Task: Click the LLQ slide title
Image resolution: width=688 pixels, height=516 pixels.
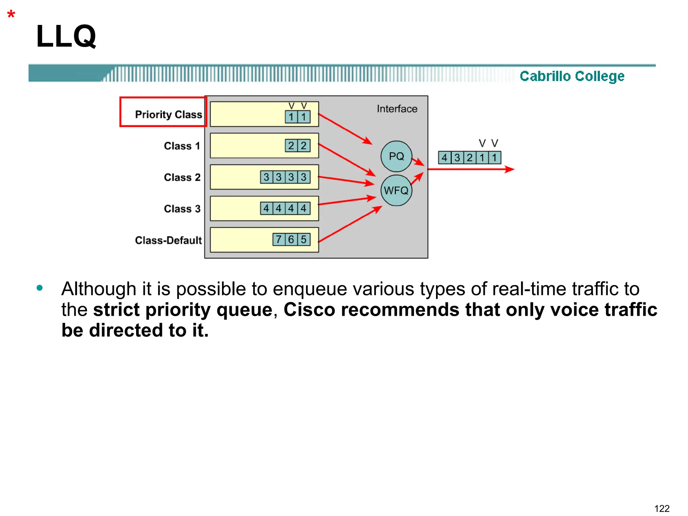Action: click(66, 36)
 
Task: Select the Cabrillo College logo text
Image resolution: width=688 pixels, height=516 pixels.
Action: click(572, 76)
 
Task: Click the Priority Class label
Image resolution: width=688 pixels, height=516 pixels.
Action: click(168, 115)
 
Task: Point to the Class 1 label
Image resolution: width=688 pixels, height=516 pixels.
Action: click(182, 146)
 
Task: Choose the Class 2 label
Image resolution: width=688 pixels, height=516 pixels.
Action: click(182, 177)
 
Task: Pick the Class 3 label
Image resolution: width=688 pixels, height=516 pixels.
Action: click(182, 209)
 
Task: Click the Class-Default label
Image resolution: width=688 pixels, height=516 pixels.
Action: click(168, 240)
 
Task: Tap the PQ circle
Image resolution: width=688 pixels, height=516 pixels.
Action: click(396, 156)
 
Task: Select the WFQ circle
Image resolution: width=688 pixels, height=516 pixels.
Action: click(396, 190)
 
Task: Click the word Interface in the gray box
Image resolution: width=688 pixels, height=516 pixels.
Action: click(397, 109)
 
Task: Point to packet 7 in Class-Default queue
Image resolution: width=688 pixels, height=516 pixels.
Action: click(278, 240)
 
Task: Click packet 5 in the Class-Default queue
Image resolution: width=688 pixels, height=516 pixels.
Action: click(304, 240)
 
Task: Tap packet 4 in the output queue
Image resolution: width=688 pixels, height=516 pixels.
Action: click(444, 158)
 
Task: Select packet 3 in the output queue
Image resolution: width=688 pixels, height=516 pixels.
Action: click(457, 158)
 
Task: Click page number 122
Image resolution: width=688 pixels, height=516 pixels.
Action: click(662, 508)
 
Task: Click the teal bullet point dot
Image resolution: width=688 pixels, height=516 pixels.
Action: click(40, 288)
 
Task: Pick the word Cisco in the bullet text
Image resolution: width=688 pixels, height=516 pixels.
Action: click(309, 309)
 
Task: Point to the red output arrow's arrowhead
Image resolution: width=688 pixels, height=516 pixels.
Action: click(510, 169)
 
